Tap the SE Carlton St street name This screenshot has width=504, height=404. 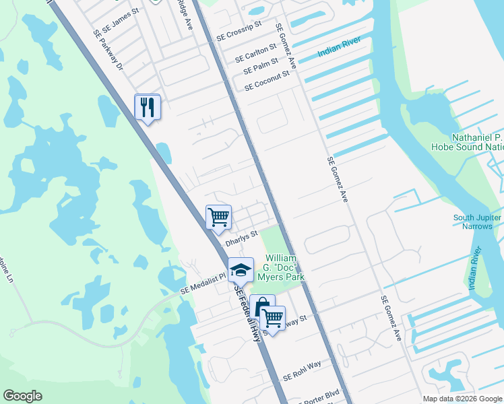[255, 53]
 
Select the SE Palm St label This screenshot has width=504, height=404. [261, 65]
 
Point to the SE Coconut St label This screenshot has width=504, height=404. [266, 80]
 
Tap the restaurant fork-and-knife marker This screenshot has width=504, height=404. [148, 107]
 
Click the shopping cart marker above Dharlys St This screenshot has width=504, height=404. [219, 217]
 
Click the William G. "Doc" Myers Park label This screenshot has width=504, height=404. [285, 267]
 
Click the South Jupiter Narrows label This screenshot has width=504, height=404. [477, 222]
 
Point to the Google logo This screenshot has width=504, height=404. [22, 396]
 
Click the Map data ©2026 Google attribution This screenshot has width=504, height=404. [462, 399]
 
